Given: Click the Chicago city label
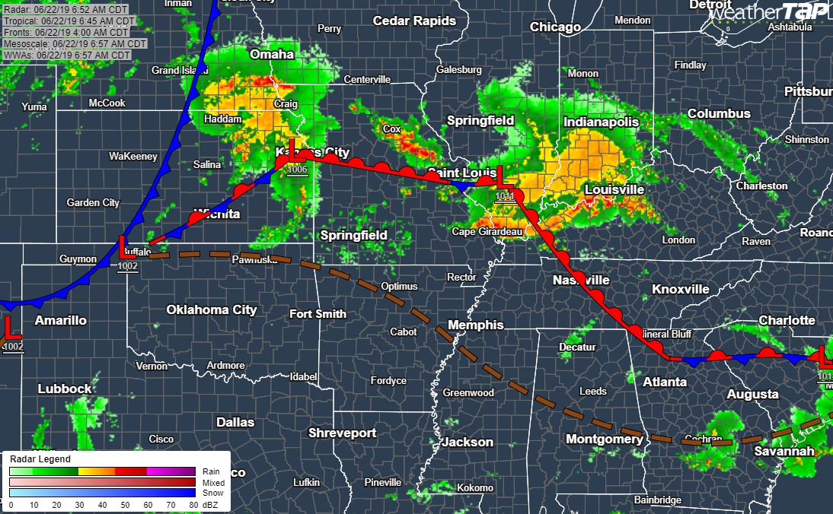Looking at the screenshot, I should (x=556, y=27).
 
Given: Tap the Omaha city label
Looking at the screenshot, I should (x=272, y=54).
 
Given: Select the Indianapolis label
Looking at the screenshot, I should (x=601, y=122).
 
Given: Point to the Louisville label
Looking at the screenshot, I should (x=614, y=189).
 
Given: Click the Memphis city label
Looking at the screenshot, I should (x=476, y=325).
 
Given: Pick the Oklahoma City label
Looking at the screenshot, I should (x=212, y=309).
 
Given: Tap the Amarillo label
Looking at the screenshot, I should (x=61, y=320).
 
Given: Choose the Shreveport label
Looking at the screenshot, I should (x=343, y=433).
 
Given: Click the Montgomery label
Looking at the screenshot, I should (x=604, y=439).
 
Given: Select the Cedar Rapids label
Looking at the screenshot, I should (x=414, y=21).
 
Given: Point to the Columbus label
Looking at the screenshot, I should (x=719, y=113).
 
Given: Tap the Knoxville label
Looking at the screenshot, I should (x=681, y=289).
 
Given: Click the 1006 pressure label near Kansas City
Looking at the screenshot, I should (x=298, y=170).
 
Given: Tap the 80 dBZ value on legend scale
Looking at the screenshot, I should (x=195, y=504).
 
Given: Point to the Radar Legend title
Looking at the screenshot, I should (x=40, y=459).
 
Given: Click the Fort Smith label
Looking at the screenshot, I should (x=318, y=314).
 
